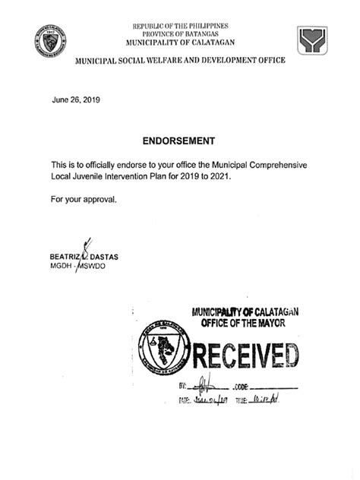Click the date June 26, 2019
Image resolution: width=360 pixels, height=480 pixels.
tap(75, 99)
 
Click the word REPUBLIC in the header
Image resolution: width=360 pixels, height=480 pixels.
tap(149, 25)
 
